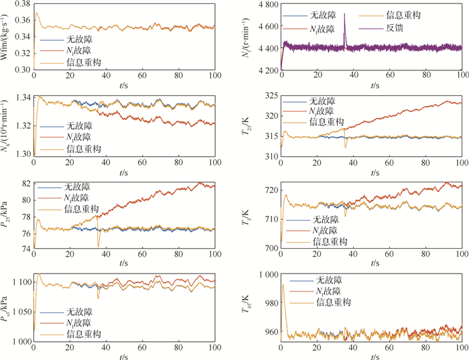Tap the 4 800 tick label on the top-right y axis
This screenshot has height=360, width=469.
[x=265, y=5]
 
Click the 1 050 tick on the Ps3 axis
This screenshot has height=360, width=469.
[x=18, y=312]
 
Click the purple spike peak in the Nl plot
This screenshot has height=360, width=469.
[x=344, y=13]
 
